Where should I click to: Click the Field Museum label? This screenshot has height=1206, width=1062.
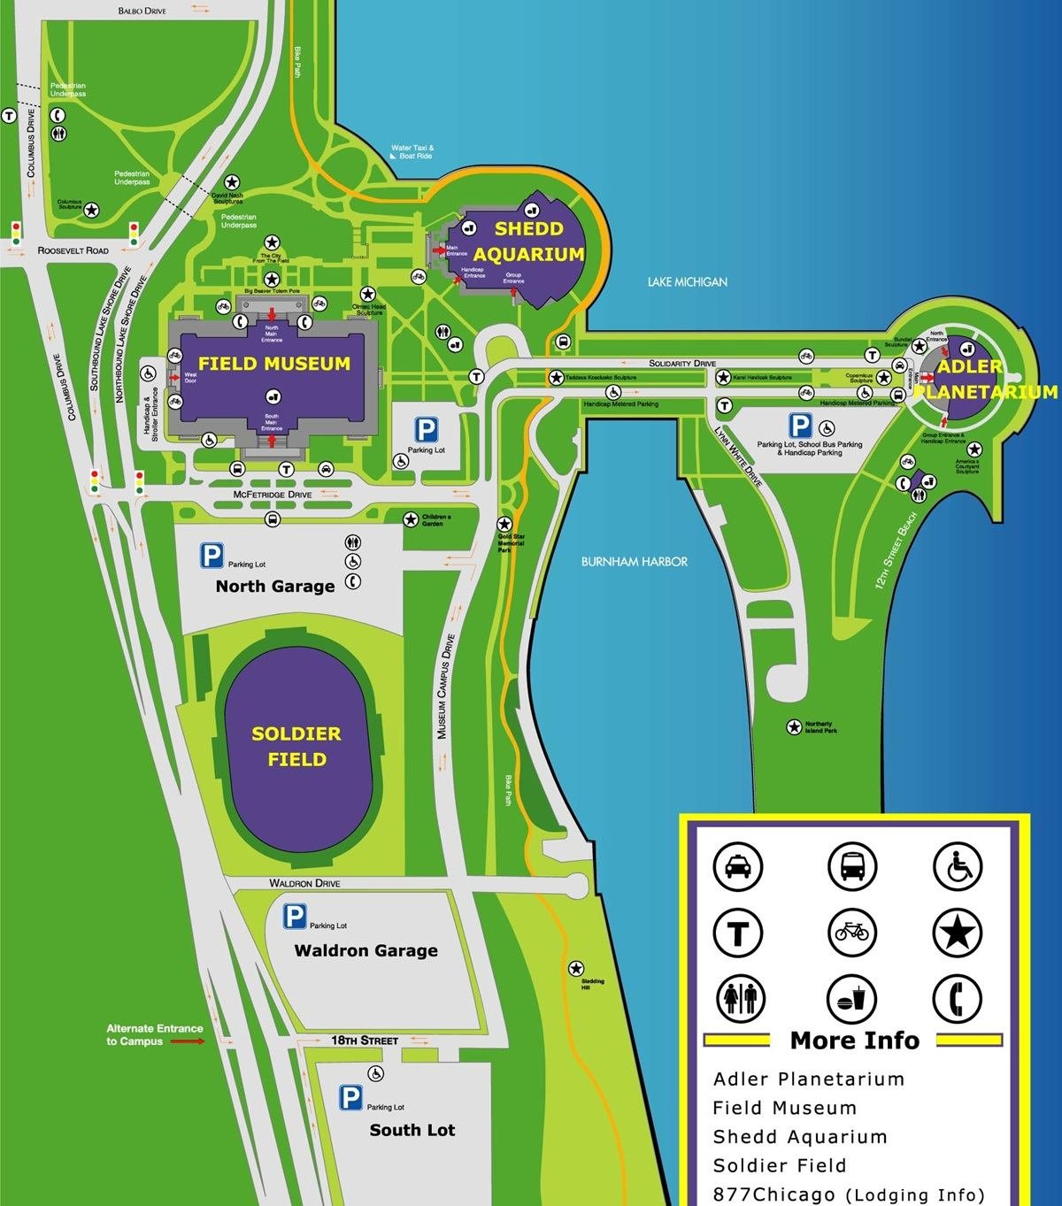point(273,364)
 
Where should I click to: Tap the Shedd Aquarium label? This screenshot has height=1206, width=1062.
point(527,242)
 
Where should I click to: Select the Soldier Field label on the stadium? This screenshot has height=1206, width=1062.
point(296,746)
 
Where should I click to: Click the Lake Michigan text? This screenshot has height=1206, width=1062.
point(687,281)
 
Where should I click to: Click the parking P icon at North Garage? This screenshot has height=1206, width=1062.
point(212,556)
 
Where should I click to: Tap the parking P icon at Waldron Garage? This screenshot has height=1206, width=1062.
point(294,918)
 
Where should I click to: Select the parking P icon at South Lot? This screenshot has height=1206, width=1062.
point(350,1099)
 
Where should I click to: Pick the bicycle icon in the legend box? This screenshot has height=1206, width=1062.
point(851,932)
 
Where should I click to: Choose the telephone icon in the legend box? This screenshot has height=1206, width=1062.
point(957,999)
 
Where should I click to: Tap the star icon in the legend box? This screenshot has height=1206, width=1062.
point(957,932)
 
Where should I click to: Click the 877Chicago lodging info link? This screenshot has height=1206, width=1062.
point(848,1194)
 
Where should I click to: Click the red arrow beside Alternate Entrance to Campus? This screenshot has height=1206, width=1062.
point(187,1041)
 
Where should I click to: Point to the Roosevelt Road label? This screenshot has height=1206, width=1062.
point(73,251)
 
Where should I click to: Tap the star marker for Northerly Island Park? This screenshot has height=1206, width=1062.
point(794,727)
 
